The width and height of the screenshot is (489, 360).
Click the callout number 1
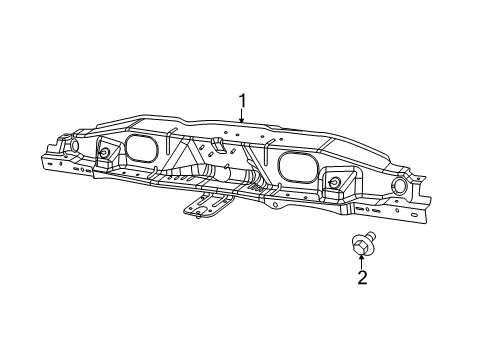241,100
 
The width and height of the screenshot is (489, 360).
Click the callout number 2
362,277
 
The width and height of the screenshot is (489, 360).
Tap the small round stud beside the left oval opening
103,153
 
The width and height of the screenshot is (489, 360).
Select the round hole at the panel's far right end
399,186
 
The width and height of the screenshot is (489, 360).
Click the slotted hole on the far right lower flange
413,211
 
